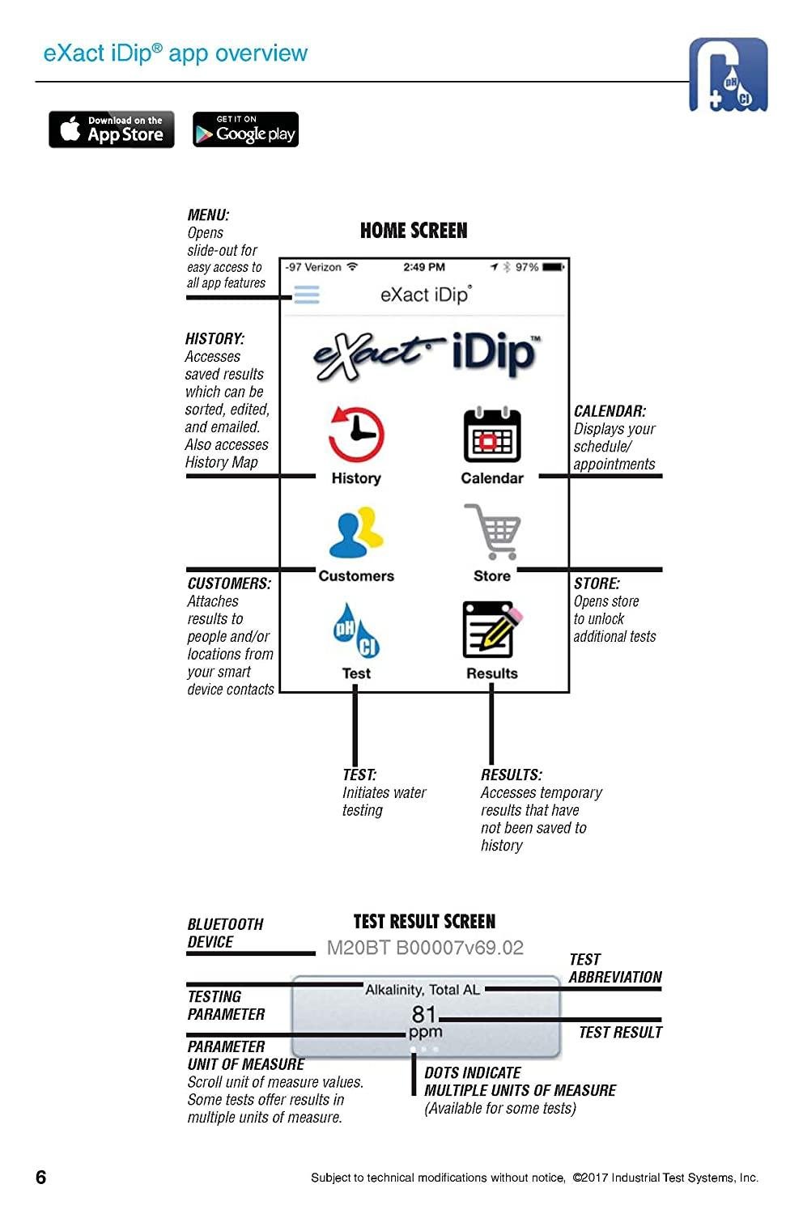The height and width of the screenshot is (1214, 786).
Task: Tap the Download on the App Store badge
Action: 112,129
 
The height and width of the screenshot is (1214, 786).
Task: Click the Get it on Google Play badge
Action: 245,129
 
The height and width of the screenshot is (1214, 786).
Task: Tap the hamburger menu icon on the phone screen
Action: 307,295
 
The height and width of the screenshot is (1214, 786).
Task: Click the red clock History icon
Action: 355,435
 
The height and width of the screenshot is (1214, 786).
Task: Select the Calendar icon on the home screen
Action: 491,435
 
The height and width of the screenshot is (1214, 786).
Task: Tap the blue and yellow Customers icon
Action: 356,533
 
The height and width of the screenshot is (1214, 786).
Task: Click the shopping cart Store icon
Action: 492,531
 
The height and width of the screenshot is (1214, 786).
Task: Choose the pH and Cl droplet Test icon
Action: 356,630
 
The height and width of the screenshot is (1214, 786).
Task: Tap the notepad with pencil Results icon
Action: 491,630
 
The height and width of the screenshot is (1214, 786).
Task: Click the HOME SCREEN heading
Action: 414,231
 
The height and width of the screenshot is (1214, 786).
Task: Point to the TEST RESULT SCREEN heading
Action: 424,922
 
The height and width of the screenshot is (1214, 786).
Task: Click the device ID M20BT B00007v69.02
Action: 425,948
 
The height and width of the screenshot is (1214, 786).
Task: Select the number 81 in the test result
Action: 424,1014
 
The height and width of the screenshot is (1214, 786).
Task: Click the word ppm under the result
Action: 426,1032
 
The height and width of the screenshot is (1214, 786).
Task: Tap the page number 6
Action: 41,1177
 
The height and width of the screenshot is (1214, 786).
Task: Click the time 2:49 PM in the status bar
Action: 424,267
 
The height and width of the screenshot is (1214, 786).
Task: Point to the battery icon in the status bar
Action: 554,267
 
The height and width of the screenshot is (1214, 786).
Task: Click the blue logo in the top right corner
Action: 728,74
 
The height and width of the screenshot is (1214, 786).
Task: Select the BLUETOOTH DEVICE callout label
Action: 225,933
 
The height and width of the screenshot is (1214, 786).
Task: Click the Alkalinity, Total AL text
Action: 423,990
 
